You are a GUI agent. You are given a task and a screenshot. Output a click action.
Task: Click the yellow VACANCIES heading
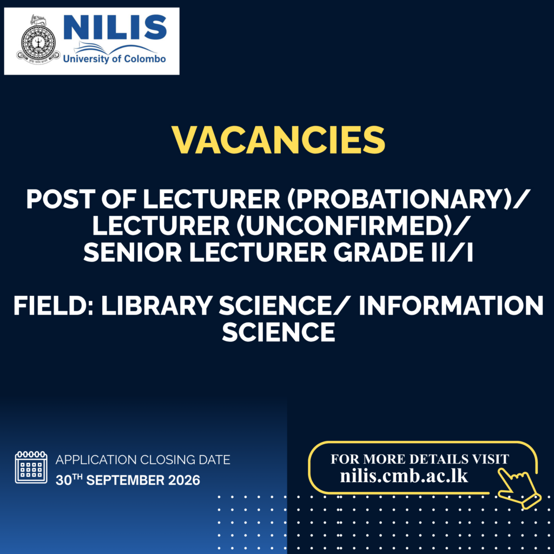[x=278, y=140]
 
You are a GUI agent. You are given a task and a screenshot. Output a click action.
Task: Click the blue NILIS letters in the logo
[x=115, y=28]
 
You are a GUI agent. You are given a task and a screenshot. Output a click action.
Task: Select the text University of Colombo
[x=114, y=58]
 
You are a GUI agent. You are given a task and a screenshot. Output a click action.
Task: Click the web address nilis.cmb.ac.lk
[x=404, y=476]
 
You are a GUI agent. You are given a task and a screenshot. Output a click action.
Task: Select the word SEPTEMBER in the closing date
[x=126, y=480]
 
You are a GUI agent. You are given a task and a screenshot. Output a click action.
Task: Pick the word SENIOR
[x=133, y=253]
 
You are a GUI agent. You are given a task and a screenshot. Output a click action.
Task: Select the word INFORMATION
[x=451, y=306]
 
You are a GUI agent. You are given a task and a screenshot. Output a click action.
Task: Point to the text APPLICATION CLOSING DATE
[x=143, y=460]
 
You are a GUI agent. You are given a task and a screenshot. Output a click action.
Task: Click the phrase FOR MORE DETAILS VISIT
[x=420, y=459]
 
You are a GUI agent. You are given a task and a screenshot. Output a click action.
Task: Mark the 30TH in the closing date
[x=69, y=480]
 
